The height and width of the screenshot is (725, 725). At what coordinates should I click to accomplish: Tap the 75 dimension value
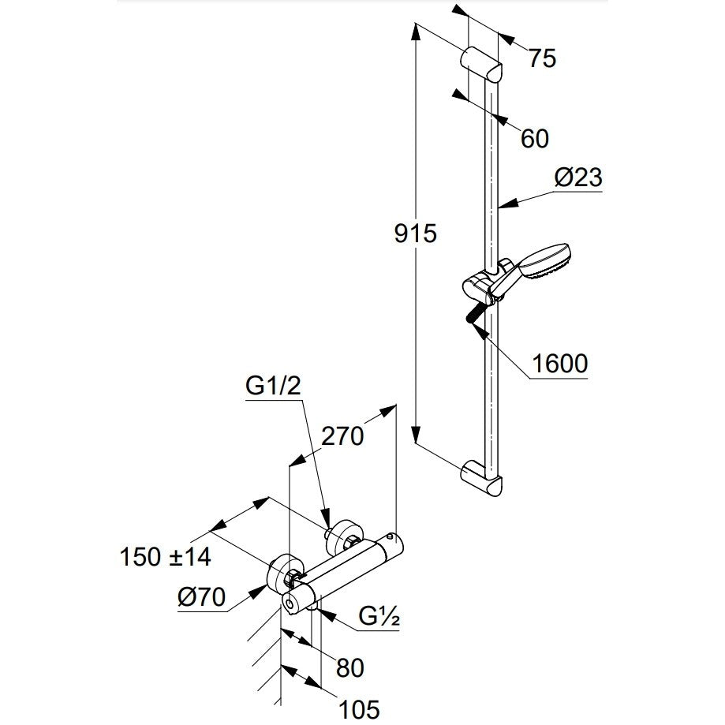[542, 58]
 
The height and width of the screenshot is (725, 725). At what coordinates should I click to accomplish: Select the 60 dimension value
[536, 138]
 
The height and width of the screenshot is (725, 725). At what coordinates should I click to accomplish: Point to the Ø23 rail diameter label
[577, 178]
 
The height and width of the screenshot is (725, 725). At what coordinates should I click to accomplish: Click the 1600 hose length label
[560, 364]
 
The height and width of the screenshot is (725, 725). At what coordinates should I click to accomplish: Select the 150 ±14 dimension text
[166, 557]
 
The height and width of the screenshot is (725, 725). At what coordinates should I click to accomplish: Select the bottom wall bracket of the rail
[481, 477]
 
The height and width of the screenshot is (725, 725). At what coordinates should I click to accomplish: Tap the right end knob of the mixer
[392, 544]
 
